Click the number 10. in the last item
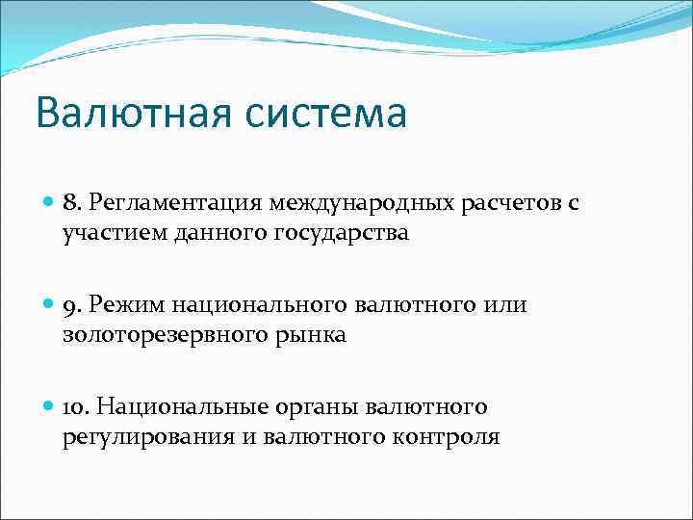pyautogui.click(x=78, y=408)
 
